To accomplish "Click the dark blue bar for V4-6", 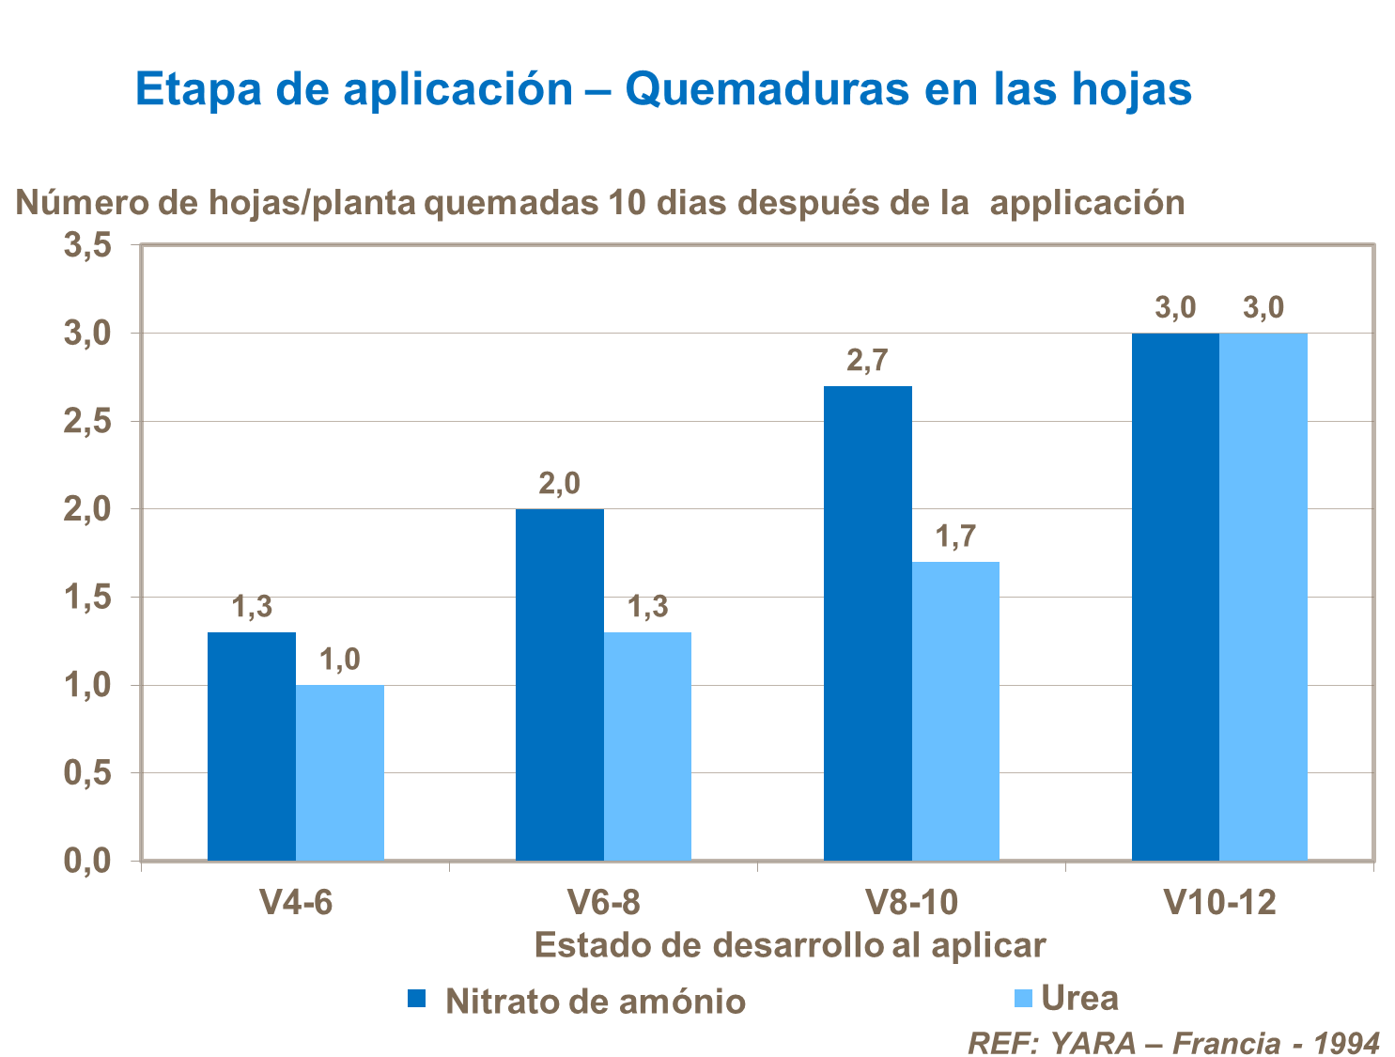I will coord(252,746).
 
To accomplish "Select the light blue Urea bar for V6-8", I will coord(647,746).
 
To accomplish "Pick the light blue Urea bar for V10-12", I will coord(1263,597).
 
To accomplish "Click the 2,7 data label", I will coord(867,361).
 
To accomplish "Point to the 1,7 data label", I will coord(955,537).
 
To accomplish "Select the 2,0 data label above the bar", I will coord(559,484).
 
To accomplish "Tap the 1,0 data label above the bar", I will coord(339,661).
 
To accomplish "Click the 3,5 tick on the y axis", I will coord(87,246).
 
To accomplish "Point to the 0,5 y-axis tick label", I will coord(87,774).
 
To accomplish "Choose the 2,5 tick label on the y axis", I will coord(87,422).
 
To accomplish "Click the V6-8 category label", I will coord(604,903).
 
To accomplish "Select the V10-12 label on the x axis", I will coord(1219,903).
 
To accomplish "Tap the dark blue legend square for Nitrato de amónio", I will coord(417,999).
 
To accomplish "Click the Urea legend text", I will coord(1080,998).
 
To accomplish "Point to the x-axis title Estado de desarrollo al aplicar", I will coord(789,945).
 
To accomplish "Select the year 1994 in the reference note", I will coord(1346,1043).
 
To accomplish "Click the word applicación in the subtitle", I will coord(1087,203).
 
